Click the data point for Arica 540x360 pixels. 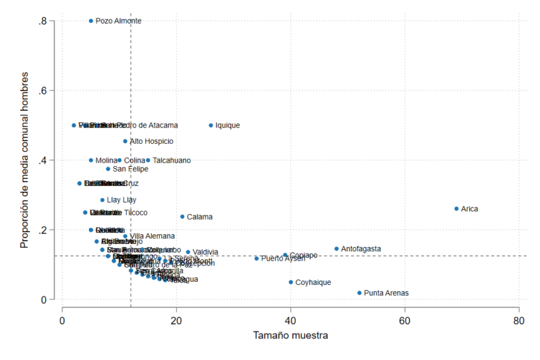pyautogui.click(x=456, y=209)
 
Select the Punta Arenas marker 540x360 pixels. pyautogui.click(x=359, y=293)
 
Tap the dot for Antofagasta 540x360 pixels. pyautogui.click(x=336, y=249)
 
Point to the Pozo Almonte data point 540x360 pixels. pyautogui.click(x=91, y=21)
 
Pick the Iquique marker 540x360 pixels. pyautogui.click(x=211, y=125)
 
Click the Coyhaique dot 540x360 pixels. pyautogui.click(x=291, y=282)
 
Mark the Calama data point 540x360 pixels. pyautogui.click(x=182, y=217)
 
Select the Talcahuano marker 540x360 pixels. pyautogui.click(x=148, y=160)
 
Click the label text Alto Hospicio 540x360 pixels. pyautogui.click(x=151, y=141)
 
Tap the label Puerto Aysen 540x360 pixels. pyautogui.click(x=283, y=259)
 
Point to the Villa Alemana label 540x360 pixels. pyautogui.click(x=152, y=236)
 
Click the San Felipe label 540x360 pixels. pyautogui.click(x=130, y=169)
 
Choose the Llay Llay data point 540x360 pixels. pyautogui.click(x=103, y=200)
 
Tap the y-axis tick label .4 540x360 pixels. pyautogui.click(x=45, y=161)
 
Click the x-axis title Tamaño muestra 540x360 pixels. pyautogui.click(x=291, y=335)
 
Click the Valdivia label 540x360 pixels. pyautogui.click(x=205, y=253)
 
